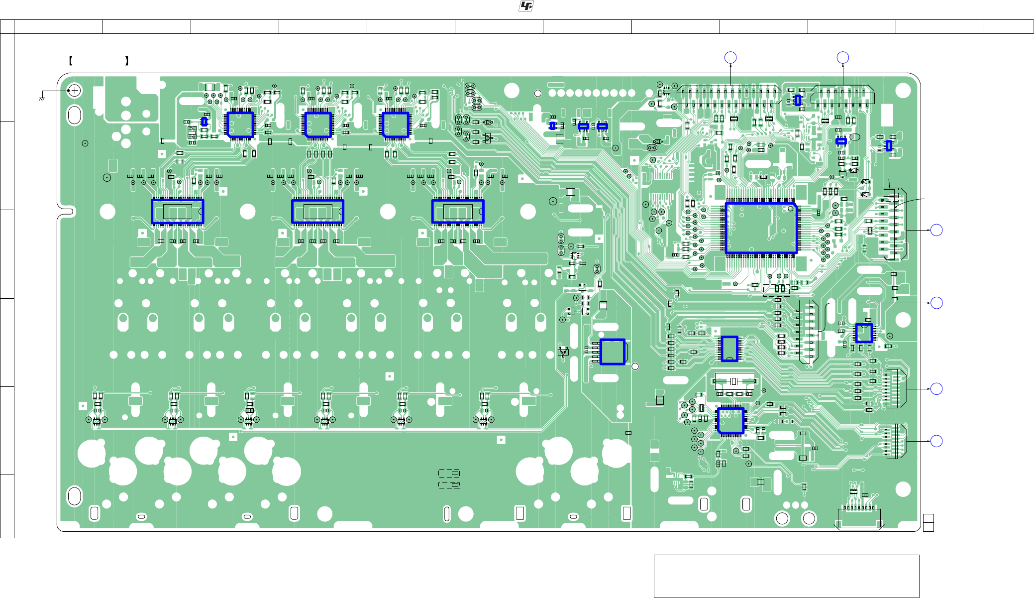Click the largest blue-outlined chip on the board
coord(761,228)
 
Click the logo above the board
coord(526,6)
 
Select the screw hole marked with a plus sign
coord(74,91)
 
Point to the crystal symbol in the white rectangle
coord(734,381)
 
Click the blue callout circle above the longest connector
coord(730,58)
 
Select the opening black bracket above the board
coord(71,61)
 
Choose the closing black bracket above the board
coord(127,61)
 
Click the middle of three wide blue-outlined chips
coord(317,211)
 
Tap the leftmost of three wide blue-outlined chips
coord(178,211)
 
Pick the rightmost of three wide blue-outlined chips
coord(458,211)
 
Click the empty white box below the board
coord(786,576)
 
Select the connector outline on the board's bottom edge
coord(859,518)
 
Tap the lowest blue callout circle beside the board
coord(936,441)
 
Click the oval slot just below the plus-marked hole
coord(74,115)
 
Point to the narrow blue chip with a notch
coord(729,349)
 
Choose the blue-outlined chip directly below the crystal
coord(730,421)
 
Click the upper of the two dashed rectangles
coord(449,473)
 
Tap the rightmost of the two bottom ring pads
coord(809,519)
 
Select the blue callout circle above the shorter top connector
coord(843,58)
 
